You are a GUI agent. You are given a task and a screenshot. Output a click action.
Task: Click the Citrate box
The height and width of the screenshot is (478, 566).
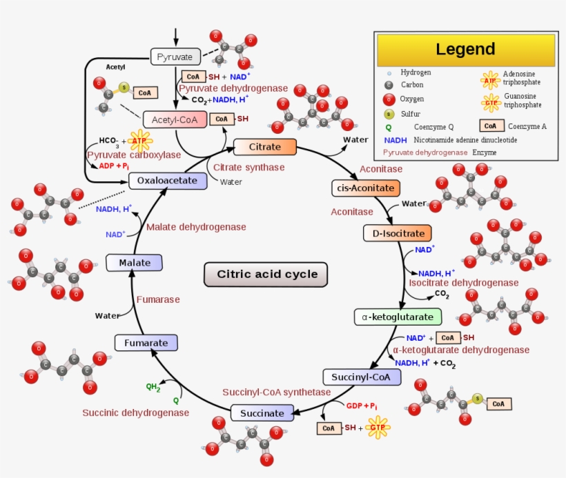click(265, 147)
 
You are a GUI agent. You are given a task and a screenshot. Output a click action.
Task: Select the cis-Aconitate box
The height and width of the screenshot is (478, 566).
click(365, 188)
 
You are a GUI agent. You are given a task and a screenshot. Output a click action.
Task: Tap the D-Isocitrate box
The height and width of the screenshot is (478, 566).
click(398, 233)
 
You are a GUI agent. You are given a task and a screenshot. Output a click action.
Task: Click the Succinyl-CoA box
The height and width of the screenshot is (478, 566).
click(361, 377)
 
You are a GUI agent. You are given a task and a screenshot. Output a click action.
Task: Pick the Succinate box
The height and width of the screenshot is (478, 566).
click(262, 413)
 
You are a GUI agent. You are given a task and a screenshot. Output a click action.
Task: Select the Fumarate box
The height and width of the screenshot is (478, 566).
click(146, 343)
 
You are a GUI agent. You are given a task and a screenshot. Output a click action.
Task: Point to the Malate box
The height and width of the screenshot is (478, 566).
click(134, 263)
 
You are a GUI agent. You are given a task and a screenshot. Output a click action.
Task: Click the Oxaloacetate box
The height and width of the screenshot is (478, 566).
click(167, 181)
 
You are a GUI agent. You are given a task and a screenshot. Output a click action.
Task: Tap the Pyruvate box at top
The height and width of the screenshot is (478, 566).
click(175, 57)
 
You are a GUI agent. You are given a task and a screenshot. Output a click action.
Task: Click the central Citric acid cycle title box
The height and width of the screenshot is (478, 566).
click(267, 274)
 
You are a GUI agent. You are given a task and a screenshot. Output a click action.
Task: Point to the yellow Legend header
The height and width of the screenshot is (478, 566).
click(465, 50)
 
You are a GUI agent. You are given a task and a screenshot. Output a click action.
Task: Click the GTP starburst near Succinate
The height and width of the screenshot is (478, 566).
click(376, 428)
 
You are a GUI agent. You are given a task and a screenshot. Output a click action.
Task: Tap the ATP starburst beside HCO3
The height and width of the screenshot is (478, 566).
click(140, 141)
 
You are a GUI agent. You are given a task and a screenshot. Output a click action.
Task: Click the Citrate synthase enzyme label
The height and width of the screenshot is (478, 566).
click(248, 167)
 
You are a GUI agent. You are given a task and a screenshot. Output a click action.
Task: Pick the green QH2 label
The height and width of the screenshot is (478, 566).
click(153, 387)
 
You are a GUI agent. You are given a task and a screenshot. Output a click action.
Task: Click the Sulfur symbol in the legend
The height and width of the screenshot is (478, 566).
click(389, 114)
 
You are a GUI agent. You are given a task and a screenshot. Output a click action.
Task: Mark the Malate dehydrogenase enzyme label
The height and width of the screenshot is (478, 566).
click(196, 226)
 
